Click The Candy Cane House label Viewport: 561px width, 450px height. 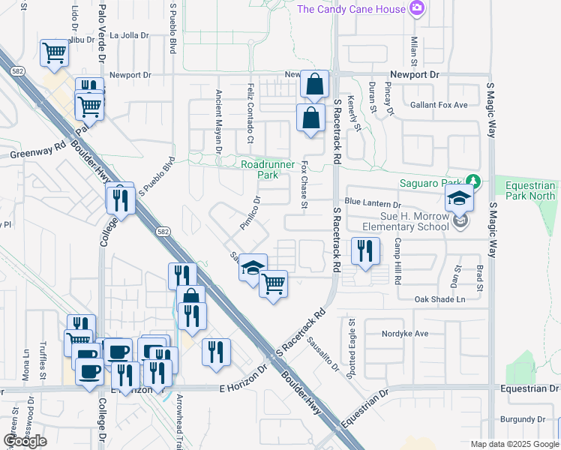[352, 9]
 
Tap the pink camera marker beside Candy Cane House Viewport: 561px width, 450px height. [418, 9]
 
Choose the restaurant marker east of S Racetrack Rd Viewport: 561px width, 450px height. [364, 250]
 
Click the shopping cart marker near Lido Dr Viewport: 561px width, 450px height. [55, 53]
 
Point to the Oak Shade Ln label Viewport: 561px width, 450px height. [440, 299]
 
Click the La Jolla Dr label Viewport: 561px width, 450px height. [130, 34]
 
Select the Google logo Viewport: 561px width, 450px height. [25, 440]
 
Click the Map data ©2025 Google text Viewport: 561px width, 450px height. [514, 444]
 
